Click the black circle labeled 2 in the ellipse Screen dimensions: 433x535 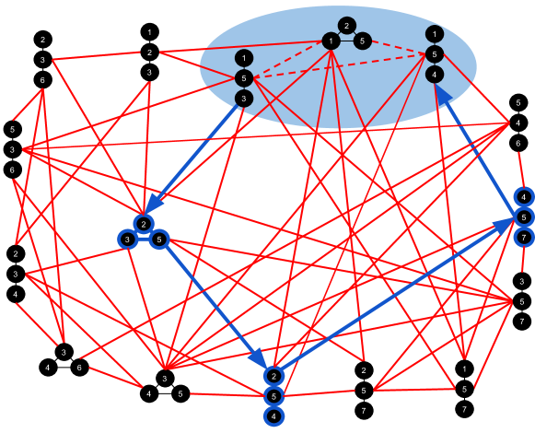click(346, 26)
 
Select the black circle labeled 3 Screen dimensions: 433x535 click(243, 98)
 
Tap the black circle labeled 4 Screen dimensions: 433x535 click(434, 75)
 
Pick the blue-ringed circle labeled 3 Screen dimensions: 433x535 click(127, 240)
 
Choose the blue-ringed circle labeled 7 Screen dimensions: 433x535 click(523, 238)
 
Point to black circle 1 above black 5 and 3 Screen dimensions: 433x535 click(243, 57)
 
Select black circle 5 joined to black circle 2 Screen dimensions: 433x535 click(363, 41)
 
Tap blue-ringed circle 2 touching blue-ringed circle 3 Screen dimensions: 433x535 click(144, 224)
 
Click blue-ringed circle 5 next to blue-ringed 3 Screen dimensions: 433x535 click(159, 240)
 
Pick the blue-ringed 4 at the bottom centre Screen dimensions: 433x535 click(273, 416)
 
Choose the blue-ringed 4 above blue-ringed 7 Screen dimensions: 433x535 click(523, 197)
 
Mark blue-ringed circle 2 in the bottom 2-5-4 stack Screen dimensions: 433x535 click(273, 376)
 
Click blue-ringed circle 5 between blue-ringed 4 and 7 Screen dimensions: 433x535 click(523, 217)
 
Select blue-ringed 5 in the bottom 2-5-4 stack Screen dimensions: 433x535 click(273, 396)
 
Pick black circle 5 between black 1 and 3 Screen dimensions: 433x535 click(243, 77)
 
